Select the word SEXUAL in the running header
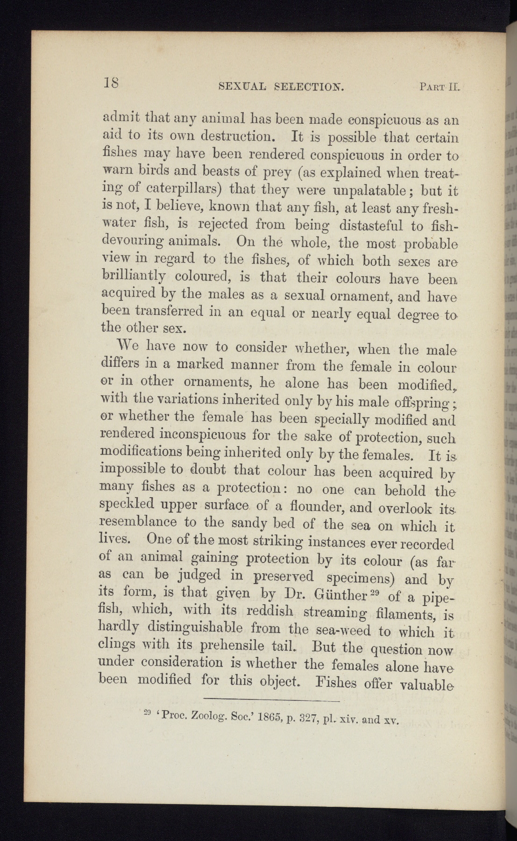[242, 86]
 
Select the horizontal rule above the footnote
[272, 701]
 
